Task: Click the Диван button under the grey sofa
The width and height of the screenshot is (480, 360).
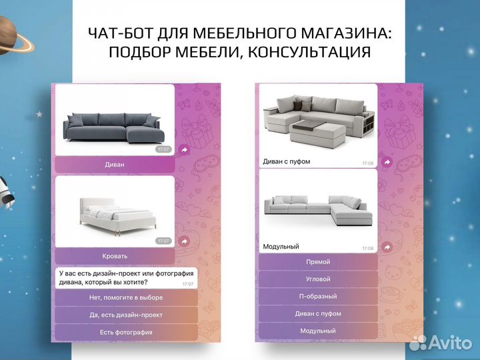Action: [x=115, y=164]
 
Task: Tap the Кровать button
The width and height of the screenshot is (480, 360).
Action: [x=115, y=256]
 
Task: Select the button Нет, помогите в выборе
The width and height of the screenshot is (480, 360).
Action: [x=126, y=297]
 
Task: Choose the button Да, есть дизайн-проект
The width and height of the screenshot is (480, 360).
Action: [x=126, y=315]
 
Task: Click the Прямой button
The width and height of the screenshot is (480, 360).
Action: [x=318, y=262]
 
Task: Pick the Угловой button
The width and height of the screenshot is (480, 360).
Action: [x=318, y=279]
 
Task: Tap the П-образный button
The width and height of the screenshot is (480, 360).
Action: [x=318, y=297]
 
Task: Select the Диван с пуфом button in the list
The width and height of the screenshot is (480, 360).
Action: [x=318, y=314]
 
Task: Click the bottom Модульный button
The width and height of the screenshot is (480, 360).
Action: [x=318, y=331]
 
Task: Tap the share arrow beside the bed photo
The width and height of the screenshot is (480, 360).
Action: [x=185, y=241]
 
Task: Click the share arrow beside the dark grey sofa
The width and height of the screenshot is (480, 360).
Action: [x=185, y=151]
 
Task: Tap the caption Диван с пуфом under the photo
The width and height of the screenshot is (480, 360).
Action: [x=286, y=161]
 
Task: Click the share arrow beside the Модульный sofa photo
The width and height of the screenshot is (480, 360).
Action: [x=386, y=247]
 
